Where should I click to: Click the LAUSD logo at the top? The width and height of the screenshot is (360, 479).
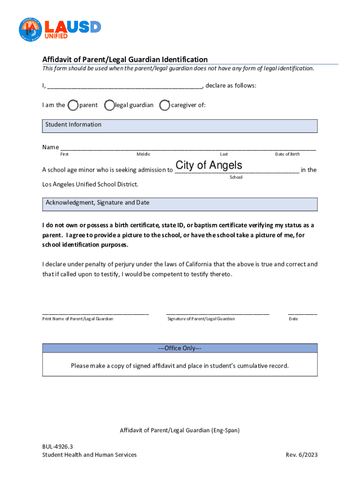tap(60, 29)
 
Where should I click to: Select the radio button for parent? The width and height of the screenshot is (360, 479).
tap(73, 105)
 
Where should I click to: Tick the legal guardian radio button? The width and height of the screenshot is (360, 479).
tap(109, 105)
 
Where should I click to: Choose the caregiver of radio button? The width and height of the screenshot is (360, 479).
tap(165, 105)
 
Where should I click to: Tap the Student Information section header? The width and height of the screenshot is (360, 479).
tap(180, 125)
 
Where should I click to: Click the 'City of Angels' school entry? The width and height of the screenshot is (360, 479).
tap(209, 166)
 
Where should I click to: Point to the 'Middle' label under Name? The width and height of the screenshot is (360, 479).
tap(143, 154)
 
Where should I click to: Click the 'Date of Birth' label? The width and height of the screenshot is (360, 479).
tap(288, 154)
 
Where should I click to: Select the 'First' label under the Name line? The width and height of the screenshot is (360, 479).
tap(65, 154)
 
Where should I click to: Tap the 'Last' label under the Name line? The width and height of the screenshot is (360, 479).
tap(224, 154)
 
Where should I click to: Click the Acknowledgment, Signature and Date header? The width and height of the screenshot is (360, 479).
tap(180, 204)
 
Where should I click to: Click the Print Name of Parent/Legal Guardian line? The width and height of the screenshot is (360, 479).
tap(95, 313)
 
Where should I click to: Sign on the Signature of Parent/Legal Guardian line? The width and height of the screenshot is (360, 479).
tap(217, 313)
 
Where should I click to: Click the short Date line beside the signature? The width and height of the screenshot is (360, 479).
tap(302, 313)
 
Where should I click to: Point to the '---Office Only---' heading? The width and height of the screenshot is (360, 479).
tap(180, 348)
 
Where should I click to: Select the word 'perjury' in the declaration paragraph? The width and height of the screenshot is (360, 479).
tap(127, 264)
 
